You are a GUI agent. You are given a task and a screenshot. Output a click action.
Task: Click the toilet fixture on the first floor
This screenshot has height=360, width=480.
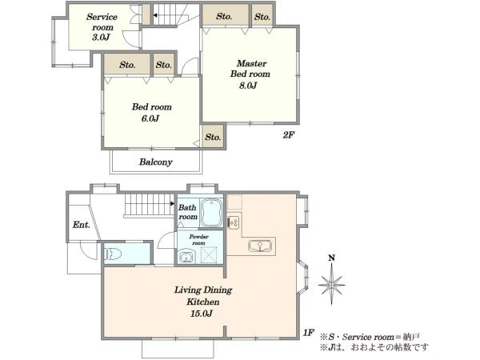[x=113, y=254]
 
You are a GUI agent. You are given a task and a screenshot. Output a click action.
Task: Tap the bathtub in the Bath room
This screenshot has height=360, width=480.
[x=211, y=212]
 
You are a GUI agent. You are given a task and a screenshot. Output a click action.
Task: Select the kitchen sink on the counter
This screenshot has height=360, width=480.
[x=260, y=246]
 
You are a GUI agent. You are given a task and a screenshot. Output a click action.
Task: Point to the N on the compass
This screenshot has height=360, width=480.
[x=331, y=258]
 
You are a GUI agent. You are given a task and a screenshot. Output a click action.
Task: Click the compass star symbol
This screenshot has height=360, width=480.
[x=331, y=284]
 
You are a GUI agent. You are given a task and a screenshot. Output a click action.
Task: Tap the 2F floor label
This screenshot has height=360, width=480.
[x=288, y=135]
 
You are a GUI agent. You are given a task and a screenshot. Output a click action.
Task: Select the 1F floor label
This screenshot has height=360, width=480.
[x=309, y=333]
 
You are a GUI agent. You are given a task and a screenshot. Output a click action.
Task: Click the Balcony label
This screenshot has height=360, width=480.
[x=156, y=162]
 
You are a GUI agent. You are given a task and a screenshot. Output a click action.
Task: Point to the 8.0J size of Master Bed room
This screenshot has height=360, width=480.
[x=248, y=86]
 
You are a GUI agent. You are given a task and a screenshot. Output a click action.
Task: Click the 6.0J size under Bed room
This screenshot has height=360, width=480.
[x=150, y=118]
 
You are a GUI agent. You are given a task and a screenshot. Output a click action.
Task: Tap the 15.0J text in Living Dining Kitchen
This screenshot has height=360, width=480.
[x=202, y=314]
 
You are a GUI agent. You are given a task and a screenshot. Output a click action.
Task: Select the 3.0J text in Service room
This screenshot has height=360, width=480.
[x=101, y=38]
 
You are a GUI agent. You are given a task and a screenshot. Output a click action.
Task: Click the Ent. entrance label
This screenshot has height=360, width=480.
[x=82, y=225]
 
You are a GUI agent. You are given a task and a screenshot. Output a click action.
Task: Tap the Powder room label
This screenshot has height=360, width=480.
[x=198, y=240]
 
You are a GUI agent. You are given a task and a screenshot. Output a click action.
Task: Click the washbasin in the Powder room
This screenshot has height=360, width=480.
[x=186, y=257]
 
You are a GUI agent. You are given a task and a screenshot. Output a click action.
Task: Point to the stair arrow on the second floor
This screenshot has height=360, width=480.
[x=155, y=15]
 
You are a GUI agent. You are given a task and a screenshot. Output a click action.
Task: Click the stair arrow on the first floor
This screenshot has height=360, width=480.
[x=172, y=203]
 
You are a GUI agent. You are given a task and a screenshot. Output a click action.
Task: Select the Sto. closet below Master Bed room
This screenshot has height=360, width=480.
[x=213, y=137]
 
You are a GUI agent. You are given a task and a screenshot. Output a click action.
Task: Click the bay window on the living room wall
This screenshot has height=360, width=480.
[x=303, y=278]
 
